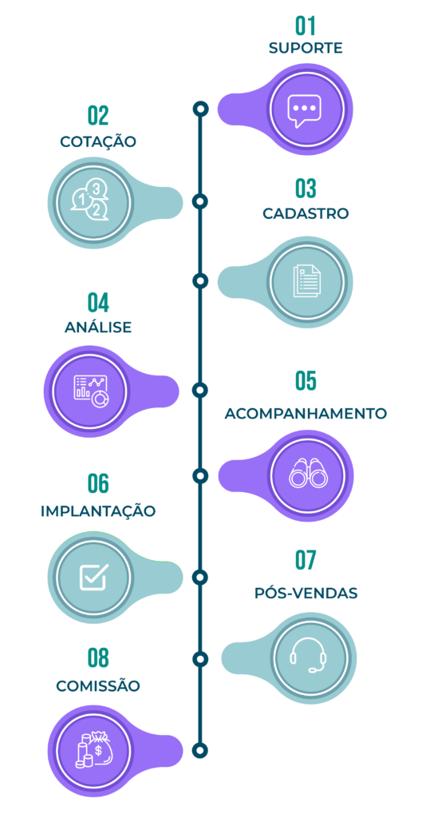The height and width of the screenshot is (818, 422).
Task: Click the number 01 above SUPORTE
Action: (x=306, y=26)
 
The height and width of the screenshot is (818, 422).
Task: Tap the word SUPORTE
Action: (x=306, y=48)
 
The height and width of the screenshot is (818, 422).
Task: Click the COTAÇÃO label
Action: (x=98, y=141)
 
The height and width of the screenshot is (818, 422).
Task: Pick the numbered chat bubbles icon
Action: (x=91, y=201)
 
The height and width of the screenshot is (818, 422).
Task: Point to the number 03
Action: (x=306, y=189)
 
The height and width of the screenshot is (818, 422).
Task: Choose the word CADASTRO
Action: (x=306, y=214)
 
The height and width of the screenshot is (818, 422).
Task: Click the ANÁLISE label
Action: (x=98, y=327)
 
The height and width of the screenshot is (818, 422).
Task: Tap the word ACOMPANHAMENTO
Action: (x=306, y=413)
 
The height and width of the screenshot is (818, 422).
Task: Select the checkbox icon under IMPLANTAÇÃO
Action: (x=94, y=576)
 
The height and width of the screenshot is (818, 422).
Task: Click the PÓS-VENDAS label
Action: (x=306, y=594)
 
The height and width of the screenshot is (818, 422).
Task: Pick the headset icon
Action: (x=309, y=655)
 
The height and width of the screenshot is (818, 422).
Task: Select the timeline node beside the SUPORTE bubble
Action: (x=200, y=109)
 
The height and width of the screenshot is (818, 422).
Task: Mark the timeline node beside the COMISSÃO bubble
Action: (x=200, y=750)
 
